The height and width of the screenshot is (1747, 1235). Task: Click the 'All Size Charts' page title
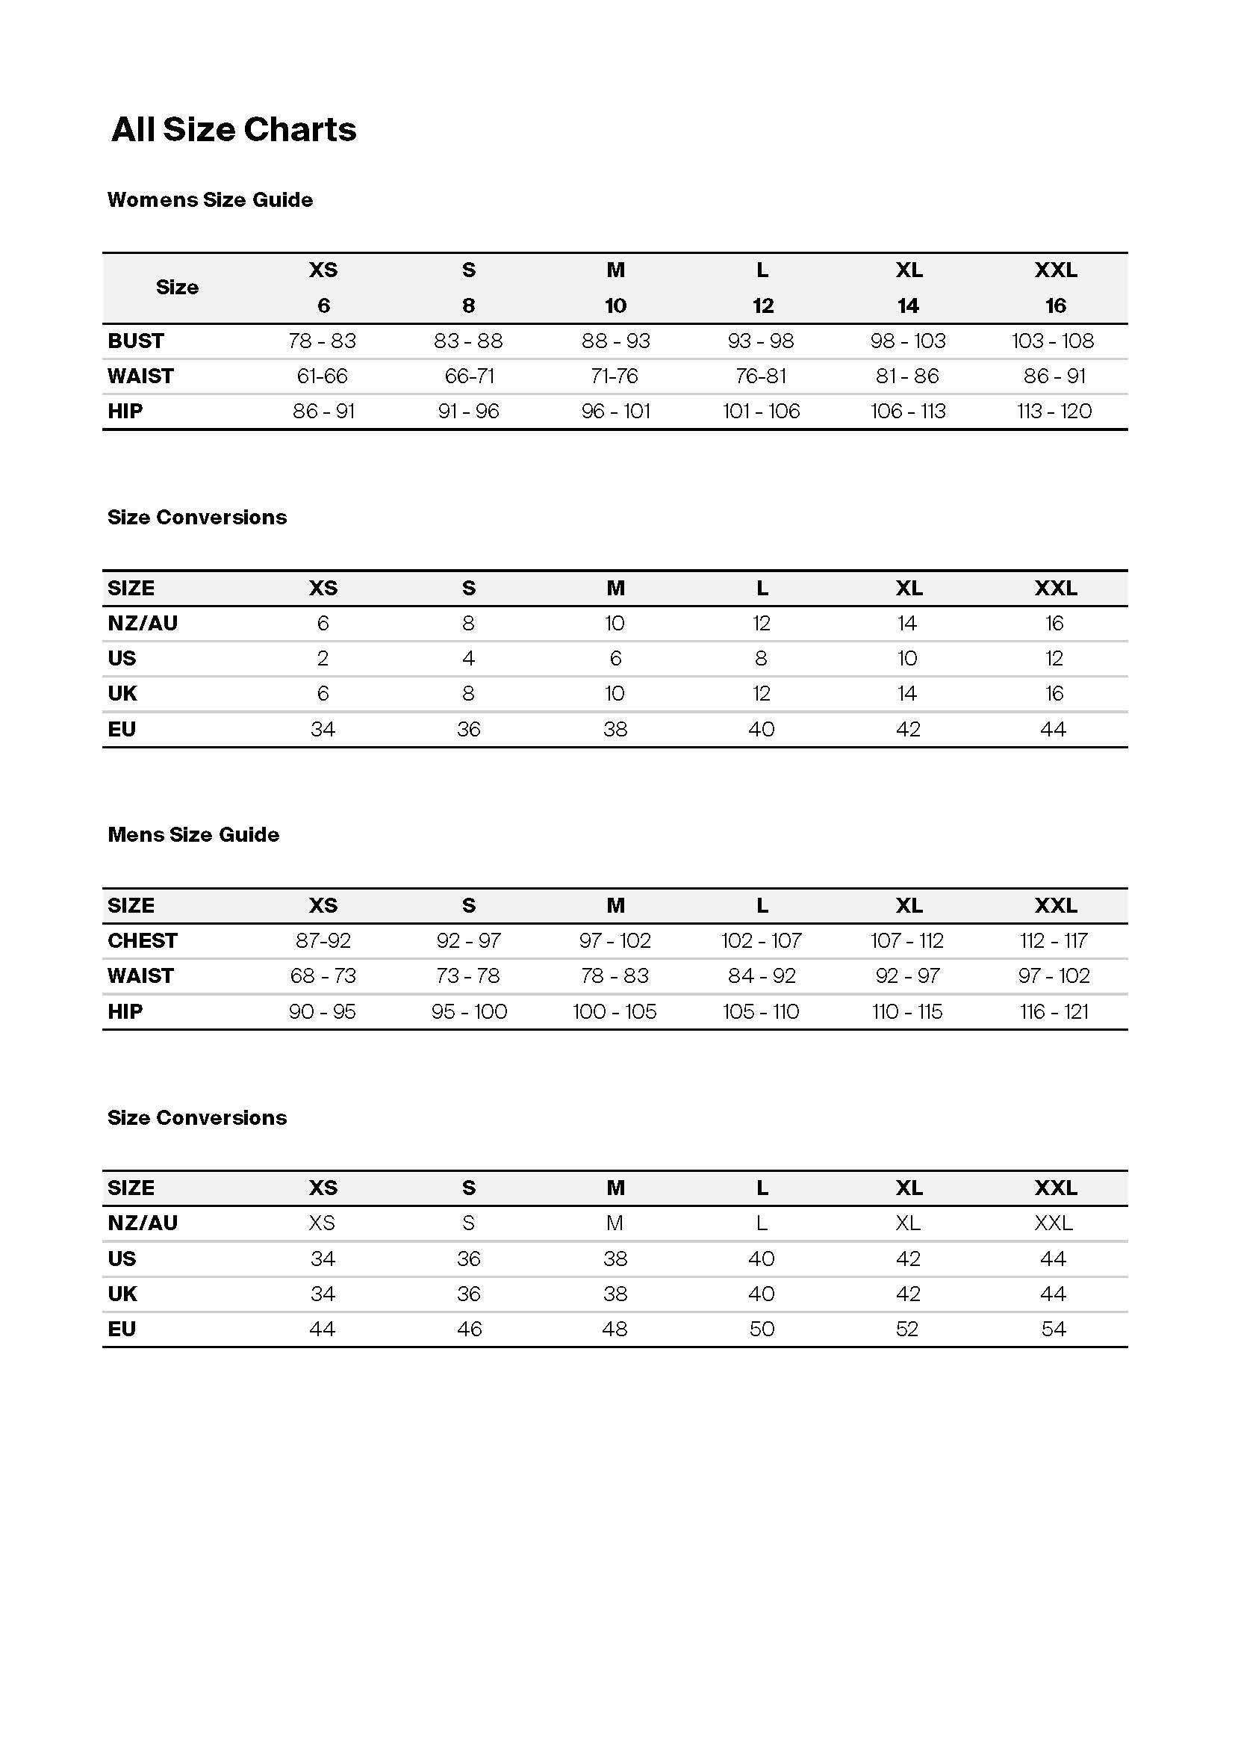point(234,129)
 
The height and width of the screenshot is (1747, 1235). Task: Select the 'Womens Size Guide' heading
point(210,199)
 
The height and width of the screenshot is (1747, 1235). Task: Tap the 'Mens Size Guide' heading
point(193,835)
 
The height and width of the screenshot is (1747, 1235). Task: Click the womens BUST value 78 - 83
point(323,341)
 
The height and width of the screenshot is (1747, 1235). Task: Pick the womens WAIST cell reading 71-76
point(615,376)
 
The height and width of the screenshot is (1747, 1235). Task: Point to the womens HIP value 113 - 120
point(1054,412)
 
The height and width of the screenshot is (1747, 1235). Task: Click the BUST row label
point(136,341)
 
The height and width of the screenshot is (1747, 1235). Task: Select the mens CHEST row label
point(142,941)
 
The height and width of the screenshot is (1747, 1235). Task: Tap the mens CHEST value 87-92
point(323,941)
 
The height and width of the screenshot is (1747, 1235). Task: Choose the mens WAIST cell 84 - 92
point(761,976)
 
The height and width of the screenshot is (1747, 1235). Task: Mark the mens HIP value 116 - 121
point(1054,1012)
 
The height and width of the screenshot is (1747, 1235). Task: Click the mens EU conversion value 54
point(1054,1329)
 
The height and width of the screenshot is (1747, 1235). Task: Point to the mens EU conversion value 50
point(761,1329)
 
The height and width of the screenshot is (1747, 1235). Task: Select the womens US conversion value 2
point(323,658)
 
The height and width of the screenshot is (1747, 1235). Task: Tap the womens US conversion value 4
point(468,658)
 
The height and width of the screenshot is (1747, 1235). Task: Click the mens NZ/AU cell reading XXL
point(1054,1223)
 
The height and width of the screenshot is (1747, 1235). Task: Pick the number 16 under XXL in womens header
point(1055,306)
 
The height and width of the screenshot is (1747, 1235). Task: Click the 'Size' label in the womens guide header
point(177,288)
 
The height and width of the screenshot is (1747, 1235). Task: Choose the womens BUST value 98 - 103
point(908,341)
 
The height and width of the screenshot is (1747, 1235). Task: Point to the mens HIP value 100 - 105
point(615,1012)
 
